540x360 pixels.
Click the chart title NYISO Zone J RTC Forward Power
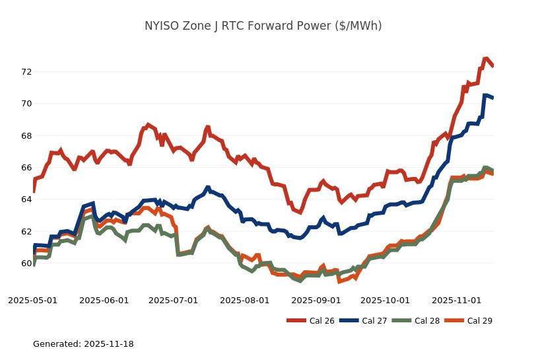263,26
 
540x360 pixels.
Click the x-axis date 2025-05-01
32,301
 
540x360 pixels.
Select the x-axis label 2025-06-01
104,301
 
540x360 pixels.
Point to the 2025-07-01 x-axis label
173,301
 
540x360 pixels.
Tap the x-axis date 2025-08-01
244,301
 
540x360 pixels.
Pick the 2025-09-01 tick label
316,301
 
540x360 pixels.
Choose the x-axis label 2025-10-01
385,301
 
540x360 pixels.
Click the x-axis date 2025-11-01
456,301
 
